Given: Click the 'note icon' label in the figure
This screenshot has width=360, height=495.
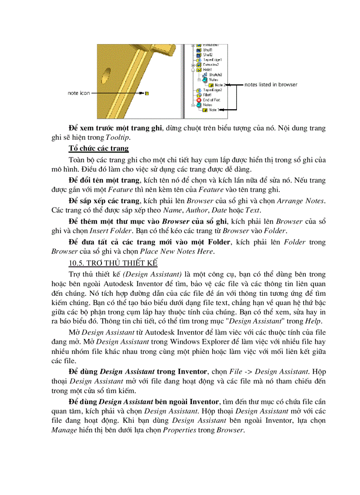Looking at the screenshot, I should [x=79, y=93].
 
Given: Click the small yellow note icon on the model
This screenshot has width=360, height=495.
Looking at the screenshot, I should [x=147, y=93].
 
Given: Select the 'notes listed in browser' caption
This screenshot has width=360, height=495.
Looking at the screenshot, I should [x=270, y=84].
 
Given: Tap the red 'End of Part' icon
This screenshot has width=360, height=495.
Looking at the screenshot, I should [x=199, y=100].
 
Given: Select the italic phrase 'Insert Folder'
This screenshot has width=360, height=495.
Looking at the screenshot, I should [x=106, y=231].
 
